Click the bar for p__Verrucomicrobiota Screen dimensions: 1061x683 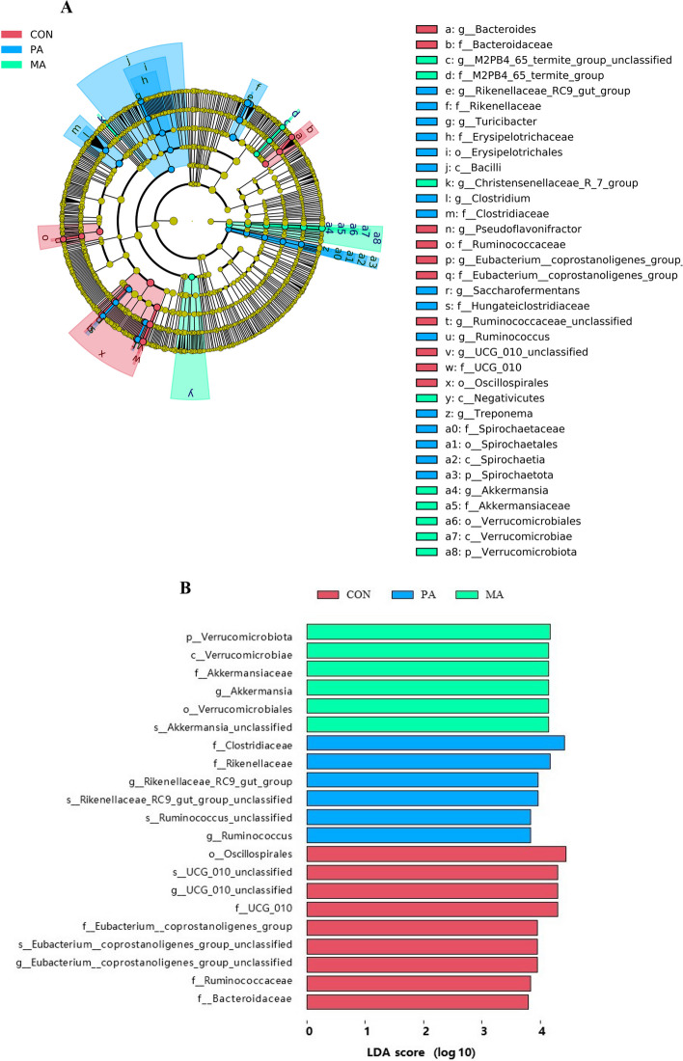point(428,632)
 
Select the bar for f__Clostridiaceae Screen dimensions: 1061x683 point(435,743)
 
